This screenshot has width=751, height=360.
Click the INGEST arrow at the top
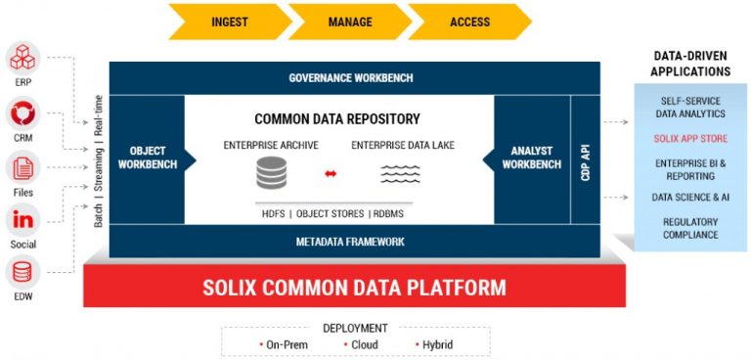(x=228, y=22)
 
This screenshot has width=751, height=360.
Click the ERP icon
(x=22, y=59)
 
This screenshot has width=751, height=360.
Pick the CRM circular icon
(x=22, y=115)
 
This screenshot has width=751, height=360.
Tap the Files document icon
(x=22, y=168)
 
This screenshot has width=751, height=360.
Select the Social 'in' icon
(x=22, y=220)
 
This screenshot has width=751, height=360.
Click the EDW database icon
(x=22, y=273)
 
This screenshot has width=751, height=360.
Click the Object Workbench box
(x=147, y=157)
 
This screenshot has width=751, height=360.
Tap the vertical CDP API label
(x=586, y=158)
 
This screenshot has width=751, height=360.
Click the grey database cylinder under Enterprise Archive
(x=271, y=174)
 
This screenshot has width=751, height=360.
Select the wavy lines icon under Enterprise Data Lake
(x=399, y=174)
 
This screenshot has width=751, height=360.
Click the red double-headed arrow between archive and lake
(x=331, y=174)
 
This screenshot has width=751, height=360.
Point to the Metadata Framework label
(x=350, y=241)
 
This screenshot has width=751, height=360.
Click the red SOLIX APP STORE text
(x=690, y=139)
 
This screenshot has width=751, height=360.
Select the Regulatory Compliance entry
(x=690, y=228)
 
